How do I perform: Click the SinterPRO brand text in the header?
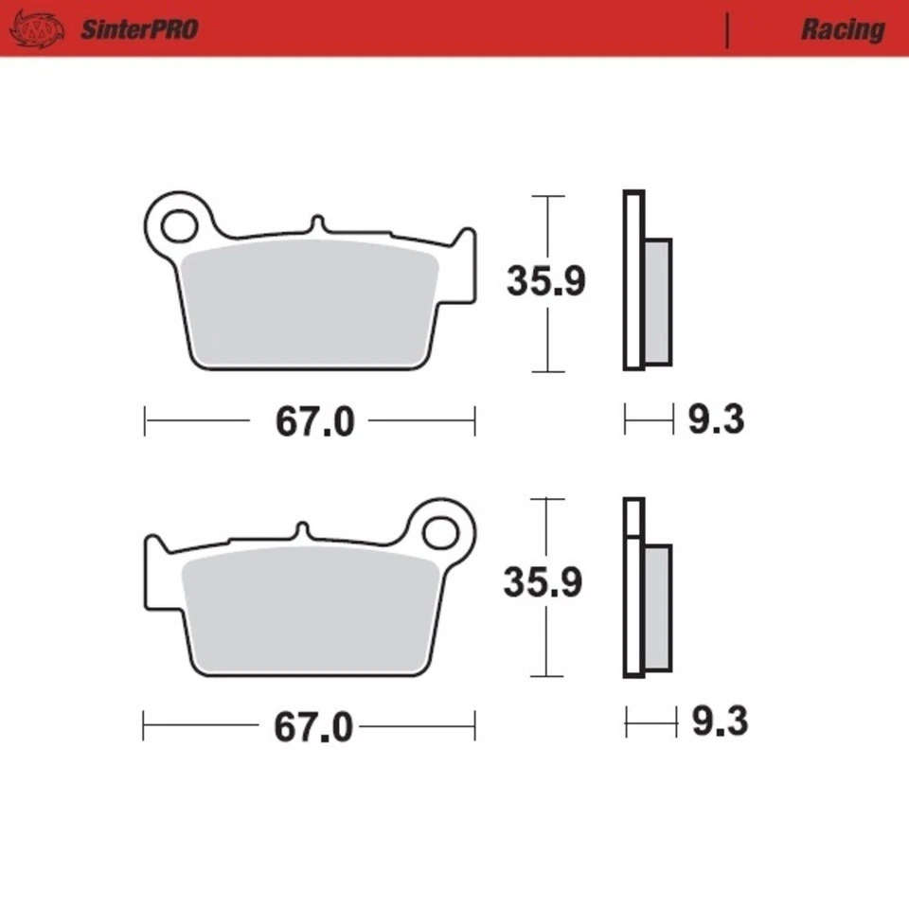(138, 29)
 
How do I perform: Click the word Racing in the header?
(842, 29)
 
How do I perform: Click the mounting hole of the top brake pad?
(176, 226)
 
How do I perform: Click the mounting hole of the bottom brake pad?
(440, 533)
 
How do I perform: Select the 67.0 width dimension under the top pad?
(314, 422)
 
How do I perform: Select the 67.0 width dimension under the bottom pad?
(313, 728)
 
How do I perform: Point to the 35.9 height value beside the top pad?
(546, 281)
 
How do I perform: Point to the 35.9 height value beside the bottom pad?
(543, 583)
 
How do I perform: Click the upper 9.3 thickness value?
(716, 419)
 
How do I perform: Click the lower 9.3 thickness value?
(719, 723)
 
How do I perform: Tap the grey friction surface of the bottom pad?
(308, 611)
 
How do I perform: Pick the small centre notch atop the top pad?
(317, 224)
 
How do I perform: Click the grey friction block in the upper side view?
(658, 301)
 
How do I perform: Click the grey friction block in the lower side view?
(658, 607)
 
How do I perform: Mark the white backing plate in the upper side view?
(633, 280)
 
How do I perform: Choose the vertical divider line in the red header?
(727, 29)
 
